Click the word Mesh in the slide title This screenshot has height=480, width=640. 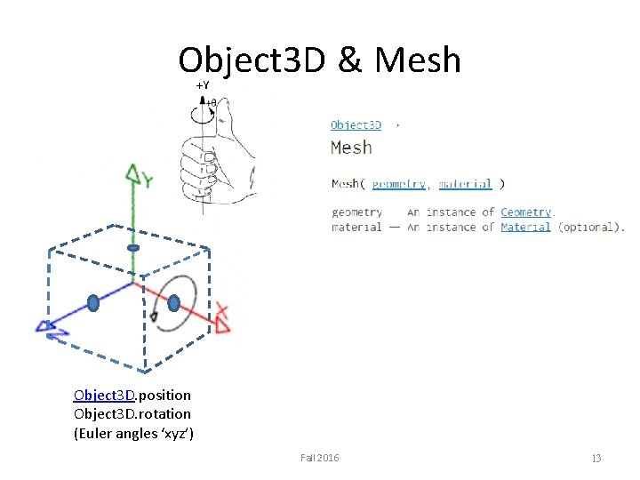pos(418,60)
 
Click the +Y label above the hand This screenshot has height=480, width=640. pos(202,85)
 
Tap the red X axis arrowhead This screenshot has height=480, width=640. pos(221,320)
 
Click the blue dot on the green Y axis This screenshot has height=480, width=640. pos(133,247)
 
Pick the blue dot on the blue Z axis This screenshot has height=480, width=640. pos(93,304)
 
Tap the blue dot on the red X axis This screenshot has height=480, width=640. pos(174,303)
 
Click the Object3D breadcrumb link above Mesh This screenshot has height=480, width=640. pos(356,125)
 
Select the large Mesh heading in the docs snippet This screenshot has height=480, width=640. pos(351,148)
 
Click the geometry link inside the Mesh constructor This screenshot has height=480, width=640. pos(398,184)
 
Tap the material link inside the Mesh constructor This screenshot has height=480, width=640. pos(464,184)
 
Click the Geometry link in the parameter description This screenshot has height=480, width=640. pos(525,212)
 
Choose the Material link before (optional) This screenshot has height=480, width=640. pos(525,228)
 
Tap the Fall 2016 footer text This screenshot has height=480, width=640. pos(319,458)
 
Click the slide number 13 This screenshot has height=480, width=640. pos(596,458)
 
